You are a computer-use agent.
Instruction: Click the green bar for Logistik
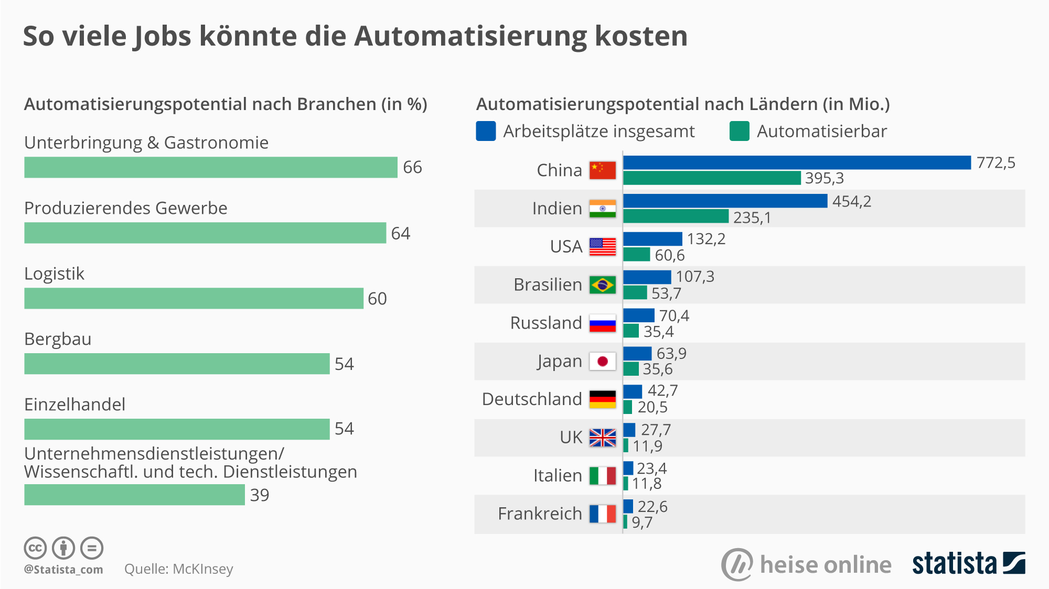tap(194, 298)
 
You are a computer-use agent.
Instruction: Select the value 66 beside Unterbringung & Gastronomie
tap(412, 167)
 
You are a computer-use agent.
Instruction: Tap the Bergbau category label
tap(58, 339)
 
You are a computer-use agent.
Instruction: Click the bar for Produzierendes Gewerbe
tap(205, 233)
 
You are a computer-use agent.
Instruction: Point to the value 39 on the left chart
tap(260, 495)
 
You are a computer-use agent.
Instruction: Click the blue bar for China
tap(797, 162)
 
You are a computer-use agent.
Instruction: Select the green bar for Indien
tap(676, 216)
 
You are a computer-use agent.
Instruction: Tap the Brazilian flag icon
tap(602, 285)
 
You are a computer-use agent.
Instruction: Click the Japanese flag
tap(602, 362)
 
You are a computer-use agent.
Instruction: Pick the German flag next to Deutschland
tap(602, 399)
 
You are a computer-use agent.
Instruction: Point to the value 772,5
tap(996, 163)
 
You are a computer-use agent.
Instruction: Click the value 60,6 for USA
tap(669, 255)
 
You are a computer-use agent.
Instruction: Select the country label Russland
tap(546, 323)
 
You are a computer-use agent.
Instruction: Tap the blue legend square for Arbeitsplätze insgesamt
tap(486, 131)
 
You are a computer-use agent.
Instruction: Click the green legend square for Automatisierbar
tap(739, 131)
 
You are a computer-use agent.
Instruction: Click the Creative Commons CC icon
tap(35, 549)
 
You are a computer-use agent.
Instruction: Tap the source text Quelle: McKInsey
tap(178, 569)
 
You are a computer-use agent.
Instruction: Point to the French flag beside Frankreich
tap(602, 514)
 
